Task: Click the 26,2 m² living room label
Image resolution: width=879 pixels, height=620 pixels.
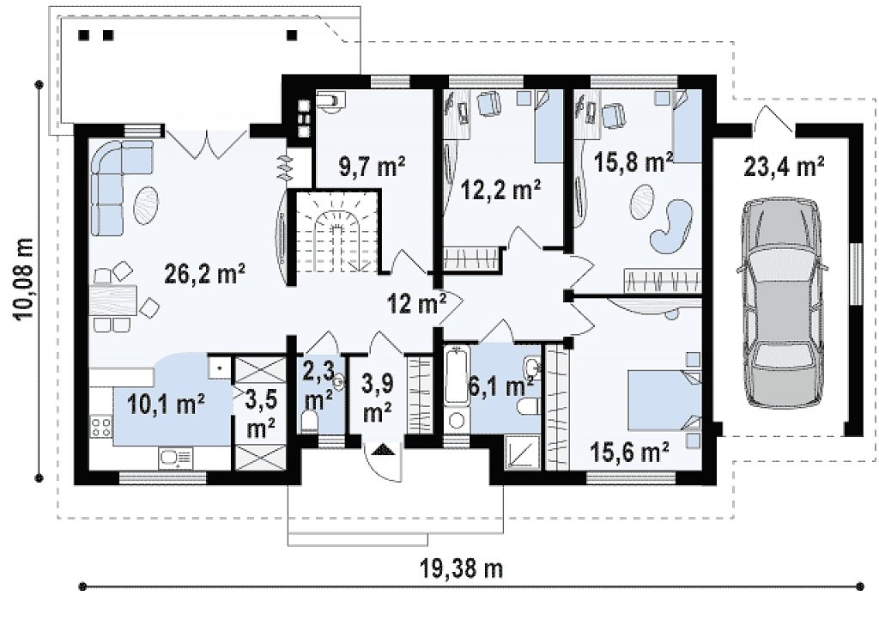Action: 204,274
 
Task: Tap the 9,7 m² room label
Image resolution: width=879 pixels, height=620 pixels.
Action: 373,167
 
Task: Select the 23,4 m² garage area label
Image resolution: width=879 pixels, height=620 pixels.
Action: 784,166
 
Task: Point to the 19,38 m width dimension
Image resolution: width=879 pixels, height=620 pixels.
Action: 461,568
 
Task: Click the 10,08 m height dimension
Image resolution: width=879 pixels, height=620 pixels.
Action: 26,278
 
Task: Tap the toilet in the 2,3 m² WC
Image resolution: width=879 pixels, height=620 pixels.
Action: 309,421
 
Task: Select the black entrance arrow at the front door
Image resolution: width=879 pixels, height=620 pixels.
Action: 384,449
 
